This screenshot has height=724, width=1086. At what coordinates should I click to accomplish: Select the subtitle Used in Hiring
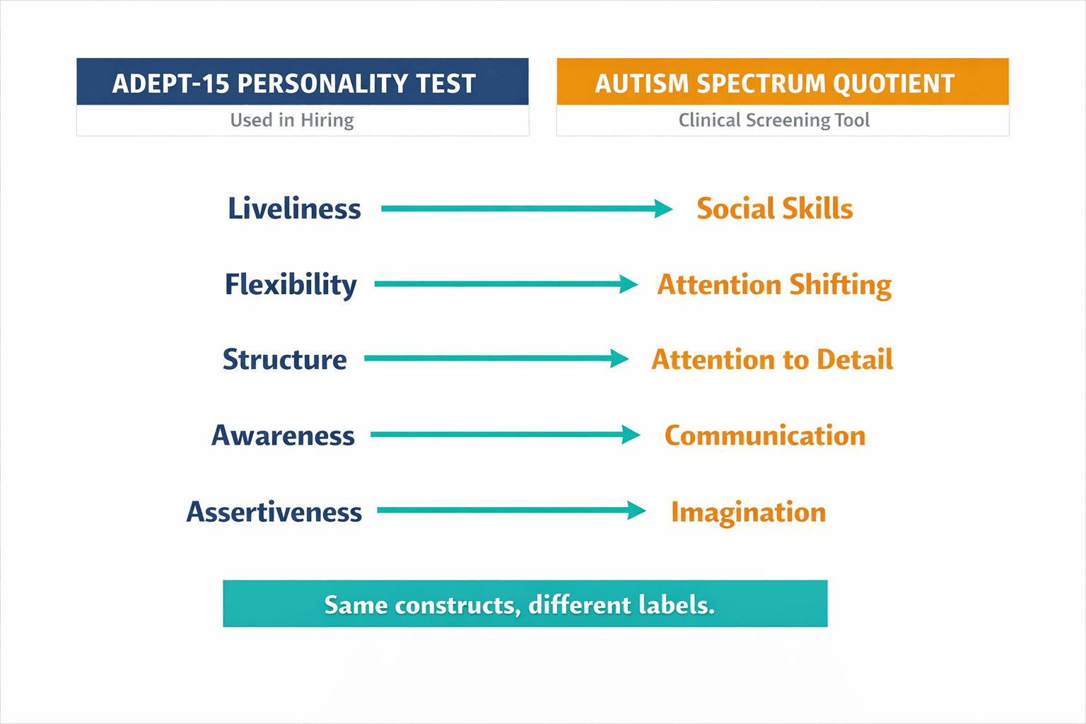point(292,120)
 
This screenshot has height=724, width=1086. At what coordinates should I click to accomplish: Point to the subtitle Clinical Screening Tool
point(774,120)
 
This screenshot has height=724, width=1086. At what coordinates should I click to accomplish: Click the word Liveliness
point(294,209)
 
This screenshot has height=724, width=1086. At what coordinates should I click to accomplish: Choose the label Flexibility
point(291,284)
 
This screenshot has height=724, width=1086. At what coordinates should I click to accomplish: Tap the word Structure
point(285,359)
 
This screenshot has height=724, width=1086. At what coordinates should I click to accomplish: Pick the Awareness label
point(283,436)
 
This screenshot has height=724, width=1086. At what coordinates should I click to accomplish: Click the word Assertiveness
point(274,511)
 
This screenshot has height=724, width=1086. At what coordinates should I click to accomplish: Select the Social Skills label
point(774,209)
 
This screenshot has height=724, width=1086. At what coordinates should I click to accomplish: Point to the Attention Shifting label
point(774,284)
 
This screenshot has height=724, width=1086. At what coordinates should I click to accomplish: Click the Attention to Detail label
point(772,359)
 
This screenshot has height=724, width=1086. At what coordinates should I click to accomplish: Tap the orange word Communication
point(765,436)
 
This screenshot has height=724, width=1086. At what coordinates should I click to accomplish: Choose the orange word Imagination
point(748,512)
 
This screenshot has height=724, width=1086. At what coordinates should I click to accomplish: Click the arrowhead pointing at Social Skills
point(663,209)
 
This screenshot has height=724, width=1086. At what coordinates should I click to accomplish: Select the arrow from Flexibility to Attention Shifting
point(505,284)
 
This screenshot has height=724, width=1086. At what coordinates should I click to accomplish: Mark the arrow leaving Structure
point(495,358)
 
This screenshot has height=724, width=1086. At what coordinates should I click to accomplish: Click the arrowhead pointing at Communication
point(631,435)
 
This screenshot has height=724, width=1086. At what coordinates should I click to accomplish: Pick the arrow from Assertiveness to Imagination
point(510,510)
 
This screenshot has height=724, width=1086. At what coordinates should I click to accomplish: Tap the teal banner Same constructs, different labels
point(525,604)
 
